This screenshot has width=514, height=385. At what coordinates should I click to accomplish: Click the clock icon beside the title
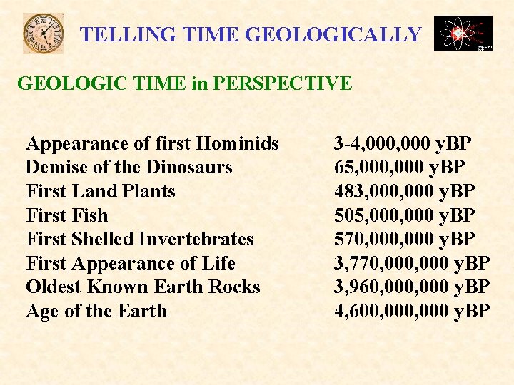click(x=43, y=34)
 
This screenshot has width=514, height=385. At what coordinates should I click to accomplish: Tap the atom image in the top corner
click(x=463, y=34)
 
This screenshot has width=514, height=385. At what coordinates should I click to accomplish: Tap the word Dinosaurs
click(x=189, y=168)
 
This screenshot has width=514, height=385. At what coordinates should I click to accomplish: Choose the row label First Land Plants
click(x=100, y=191)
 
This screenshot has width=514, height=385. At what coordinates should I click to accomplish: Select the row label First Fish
click(x=66, y=215)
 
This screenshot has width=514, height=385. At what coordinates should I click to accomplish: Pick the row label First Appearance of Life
click(x=131, y=263)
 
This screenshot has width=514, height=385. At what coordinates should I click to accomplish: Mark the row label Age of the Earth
click(x=96, y=311)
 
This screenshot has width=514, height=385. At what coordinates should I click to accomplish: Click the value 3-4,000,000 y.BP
click(x=403, y=143)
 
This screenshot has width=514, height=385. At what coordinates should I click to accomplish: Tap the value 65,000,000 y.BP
click(x=400, y=168)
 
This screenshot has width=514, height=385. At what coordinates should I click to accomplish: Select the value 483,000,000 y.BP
click(x=404, y=191)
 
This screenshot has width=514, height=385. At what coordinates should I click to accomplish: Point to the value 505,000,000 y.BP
click(x=404, y=215)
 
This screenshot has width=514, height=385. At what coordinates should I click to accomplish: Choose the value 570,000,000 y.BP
click(x=404, y=239)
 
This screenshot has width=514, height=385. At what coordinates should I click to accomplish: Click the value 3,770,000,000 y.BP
click(x=412, y=263)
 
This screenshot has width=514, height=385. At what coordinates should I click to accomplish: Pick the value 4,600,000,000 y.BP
click(x=412, y=311)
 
